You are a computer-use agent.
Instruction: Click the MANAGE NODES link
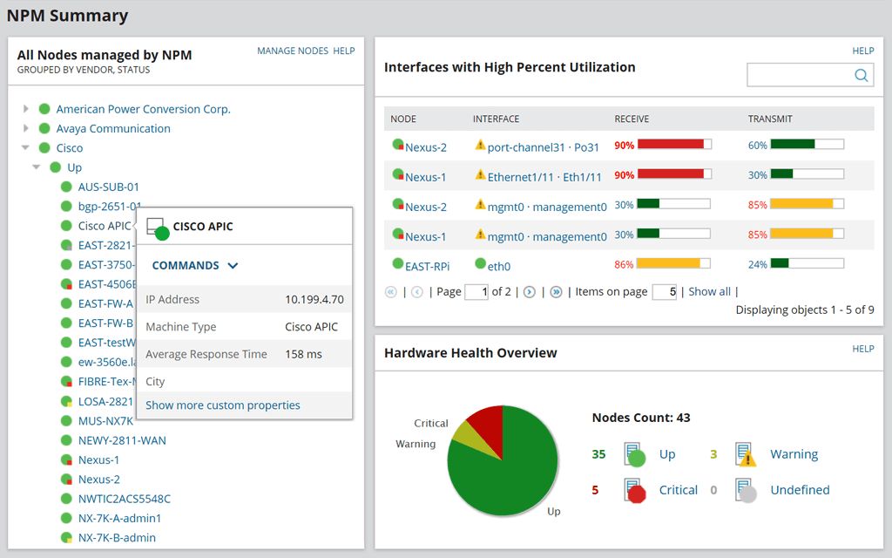coord(293,51)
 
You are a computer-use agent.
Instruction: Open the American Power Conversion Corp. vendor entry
coord(143,109)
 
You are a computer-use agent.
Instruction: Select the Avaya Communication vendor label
coord(113,128)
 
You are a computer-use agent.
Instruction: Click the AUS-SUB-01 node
coord(109,187)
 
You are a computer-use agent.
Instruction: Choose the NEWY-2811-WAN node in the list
coord(122,440)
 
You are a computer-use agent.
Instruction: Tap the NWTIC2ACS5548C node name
coord(125,499)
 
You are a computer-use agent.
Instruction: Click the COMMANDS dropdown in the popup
coord(194,265)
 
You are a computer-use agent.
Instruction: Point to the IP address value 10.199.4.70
coord(314,299)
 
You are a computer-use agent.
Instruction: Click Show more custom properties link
coord(223,405)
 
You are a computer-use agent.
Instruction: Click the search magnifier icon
coord(861,76)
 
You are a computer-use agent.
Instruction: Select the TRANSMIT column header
coord(770,119)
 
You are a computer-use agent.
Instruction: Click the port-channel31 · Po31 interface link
coord(544,147)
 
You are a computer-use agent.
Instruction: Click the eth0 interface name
coord(499,266)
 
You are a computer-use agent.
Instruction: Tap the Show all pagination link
coord(709,291)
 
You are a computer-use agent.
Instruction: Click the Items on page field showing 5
coord(664,292)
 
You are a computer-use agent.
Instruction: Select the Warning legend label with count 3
coord(794,454)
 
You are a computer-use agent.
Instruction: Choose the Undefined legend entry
coord(800,490)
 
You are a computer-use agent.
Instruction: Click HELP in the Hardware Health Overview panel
coord(862,349)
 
